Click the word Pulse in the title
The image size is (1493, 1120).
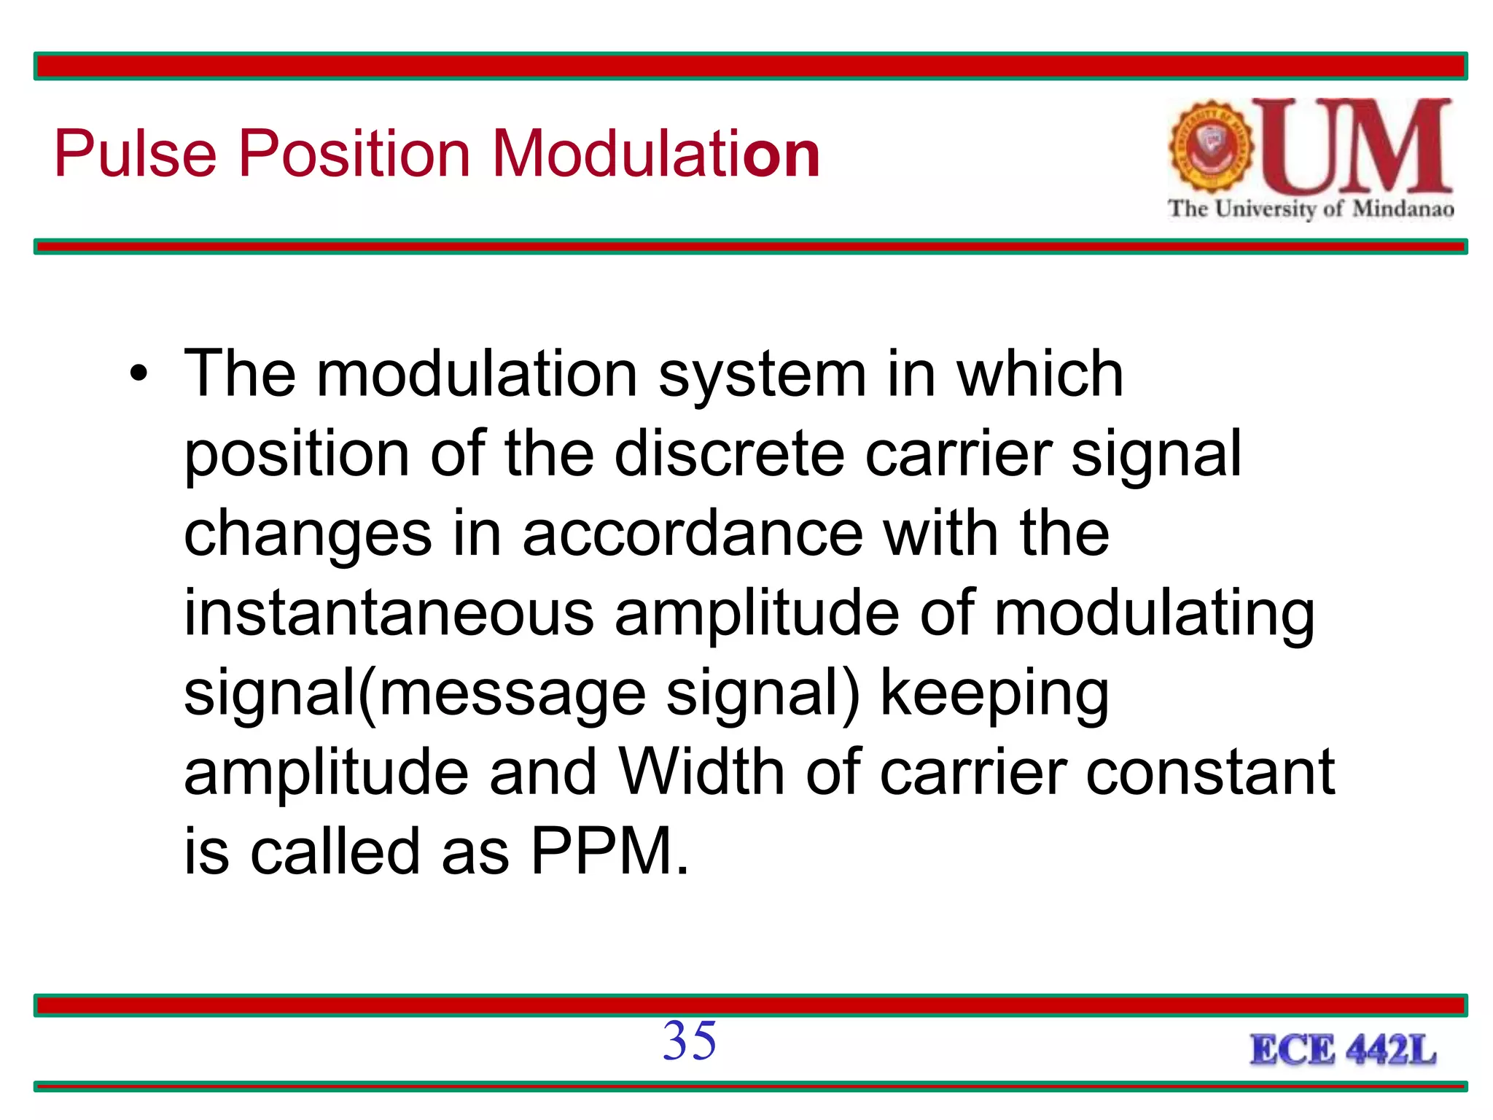(136, 154)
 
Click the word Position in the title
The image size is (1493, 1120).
(354, 154)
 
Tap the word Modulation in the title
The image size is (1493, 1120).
(656, 154)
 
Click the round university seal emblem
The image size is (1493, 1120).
(1211, 146)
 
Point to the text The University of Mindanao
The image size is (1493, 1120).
(1311, 209)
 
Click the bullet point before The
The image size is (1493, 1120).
(138, 376)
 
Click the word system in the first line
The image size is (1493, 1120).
(762, 376)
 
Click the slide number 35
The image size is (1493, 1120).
(690, 1041)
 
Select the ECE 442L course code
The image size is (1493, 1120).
(1343, 1050)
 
